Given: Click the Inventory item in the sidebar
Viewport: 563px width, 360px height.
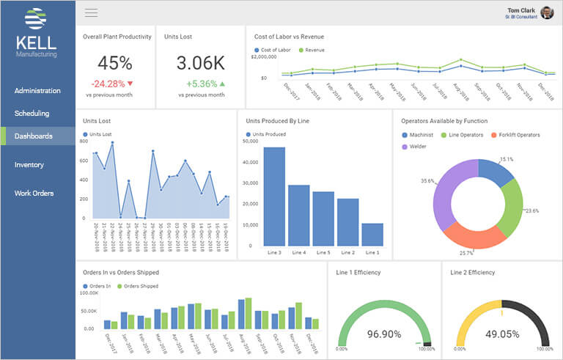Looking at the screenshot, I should (x=29, y=165).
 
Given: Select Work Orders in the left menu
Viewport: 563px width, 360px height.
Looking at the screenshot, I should (x=33, y=194).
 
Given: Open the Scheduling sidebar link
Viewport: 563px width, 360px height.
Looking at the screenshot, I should (x=32, y=114).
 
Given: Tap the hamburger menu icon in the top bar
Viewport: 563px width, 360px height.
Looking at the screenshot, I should (x=92, y=12).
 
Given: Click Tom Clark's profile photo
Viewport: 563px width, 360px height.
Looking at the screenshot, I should (x=547, y=12).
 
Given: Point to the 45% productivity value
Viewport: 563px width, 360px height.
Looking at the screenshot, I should (x=114, y=63).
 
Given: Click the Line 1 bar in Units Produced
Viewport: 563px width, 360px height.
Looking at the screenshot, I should (x=372, y=234).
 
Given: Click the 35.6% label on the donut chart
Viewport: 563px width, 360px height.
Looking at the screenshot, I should (x=428, y=180).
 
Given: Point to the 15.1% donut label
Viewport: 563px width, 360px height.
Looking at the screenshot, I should (x=506, y=159).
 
